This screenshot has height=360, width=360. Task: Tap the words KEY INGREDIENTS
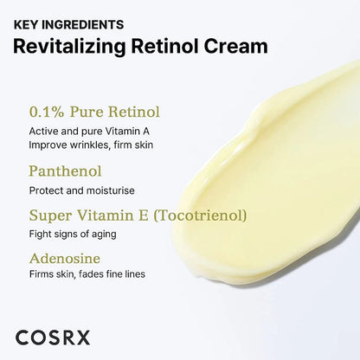[68, 24]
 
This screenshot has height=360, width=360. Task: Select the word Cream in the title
[235, 47]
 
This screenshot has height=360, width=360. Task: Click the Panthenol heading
[65, 171]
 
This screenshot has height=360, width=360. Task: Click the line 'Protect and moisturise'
[81, 190]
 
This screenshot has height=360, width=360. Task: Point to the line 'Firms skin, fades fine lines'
[87, 274]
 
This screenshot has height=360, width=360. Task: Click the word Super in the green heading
[50, 215]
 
